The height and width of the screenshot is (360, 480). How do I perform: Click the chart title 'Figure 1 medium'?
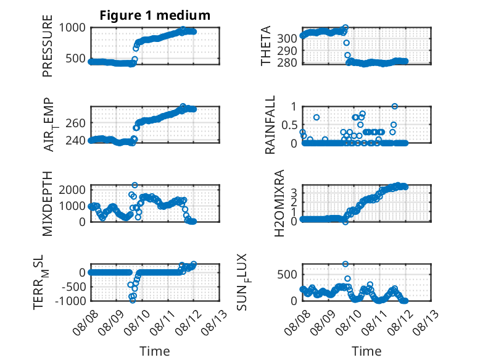click(x=155, y=15)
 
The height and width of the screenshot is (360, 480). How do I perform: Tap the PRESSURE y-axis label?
click(x=48, y=46)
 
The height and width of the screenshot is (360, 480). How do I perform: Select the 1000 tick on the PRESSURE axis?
click(x=72, y=28)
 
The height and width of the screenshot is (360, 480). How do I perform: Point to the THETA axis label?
click(x=266, y=46)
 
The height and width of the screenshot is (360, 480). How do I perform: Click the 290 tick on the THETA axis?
click(x=287, y=51)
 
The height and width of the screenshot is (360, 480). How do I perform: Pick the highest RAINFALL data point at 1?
click(x=395, y=106)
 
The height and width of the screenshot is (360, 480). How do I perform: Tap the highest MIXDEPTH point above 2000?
click(x=134, y=185)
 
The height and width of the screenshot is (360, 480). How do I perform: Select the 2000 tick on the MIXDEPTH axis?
click(x=72, y=190)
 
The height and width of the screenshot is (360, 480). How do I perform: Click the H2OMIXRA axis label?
click(x=279, y=203)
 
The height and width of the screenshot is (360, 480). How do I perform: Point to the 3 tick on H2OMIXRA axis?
click(x=294, y=193)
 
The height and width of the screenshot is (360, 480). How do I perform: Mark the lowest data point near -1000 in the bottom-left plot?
click(x=133, y=300)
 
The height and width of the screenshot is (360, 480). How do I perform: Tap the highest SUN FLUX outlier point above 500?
click(x=346, y=264)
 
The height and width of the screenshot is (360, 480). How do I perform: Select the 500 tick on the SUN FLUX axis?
click(x=287, y=275)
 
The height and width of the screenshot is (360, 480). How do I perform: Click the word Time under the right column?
click(x=366, y=351)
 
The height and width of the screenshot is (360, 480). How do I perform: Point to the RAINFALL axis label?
click(x=270, y=125)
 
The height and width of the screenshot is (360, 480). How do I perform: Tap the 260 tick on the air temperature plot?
click(x=76, y=123)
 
